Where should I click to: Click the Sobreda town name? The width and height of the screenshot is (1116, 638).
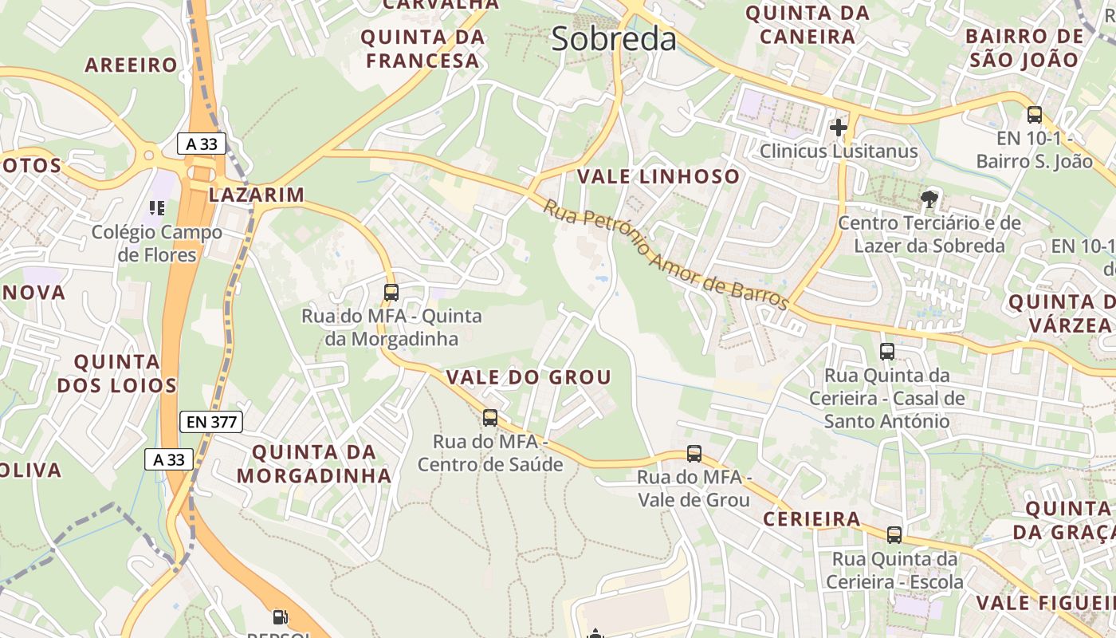click(x=614, y=39)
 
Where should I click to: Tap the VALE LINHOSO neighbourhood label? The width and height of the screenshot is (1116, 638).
click(x=658, y=176)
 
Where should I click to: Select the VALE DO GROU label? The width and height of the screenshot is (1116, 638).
click(x=529, y=377)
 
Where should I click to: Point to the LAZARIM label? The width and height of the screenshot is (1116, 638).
click(x=257, y=195)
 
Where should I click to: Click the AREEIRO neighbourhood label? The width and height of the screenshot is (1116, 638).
click(x=131, y=65)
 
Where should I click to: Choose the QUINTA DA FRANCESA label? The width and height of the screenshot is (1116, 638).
click(x=422, y=49)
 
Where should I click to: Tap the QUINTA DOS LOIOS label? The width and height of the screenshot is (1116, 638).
click(x=117, y=373)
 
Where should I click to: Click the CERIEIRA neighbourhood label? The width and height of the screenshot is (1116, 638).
click(x=811, y=520)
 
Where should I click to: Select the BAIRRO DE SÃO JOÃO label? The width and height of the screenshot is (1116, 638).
click(x=1024, y=47)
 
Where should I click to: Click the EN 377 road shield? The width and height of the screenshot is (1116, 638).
click(x=211, y=422)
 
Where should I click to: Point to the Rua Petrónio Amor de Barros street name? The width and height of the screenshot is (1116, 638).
click(x=666, y=254)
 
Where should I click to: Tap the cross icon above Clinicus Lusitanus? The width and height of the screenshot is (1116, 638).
click(x=838, y=127)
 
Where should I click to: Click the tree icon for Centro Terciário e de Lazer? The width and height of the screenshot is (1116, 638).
click(x=929, y=198)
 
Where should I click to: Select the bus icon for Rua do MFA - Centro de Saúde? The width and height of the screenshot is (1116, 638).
click(x=490, y=417)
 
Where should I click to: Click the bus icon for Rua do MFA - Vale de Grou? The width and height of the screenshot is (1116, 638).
click(x=694, y=454)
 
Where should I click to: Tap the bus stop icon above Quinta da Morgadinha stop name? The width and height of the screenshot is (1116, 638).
click(x=391, y=292)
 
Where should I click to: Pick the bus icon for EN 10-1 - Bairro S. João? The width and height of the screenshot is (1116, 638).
click(x=1035, y=115)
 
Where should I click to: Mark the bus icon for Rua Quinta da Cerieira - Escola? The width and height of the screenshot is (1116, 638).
click(x=894, y=534)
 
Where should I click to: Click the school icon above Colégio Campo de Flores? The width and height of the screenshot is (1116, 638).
click(x=157, y=208)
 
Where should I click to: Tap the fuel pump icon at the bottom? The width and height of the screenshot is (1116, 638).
click(x=279, y=616)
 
